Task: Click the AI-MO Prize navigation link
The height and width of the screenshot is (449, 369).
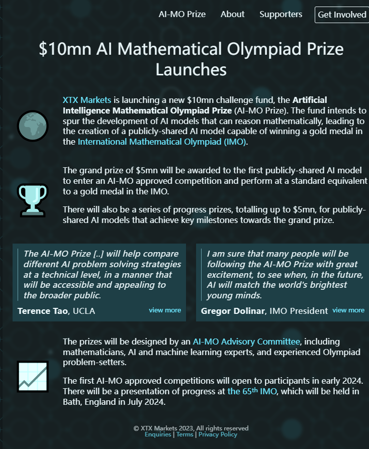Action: coord(182,14)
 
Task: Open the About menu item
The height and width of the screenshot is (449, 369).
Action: coord(232,14)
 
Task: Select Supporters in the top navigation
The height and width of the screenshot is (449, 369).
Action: coord(281,14)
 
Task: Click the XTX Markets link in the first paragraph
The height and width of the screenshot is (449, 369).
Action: coord(86,100)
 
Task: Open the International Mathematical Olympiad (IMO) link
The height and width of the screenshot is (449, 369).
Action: coord(162,142)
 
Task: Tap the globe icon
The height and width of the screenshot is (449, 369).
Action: coord(32,126)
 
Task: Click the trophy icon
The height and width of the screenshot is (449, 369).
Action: coord(32,199)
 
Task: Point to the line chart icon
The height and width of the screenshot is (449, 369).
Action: coord(32,376)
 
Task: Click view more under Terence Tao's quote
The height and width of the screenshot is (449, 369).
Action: coord(165,310)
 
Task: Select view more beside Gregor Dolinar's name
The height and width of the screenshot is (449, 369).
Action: coord(348,310)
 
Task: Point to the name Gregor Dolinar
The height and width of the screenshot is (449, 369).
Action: coord(233,311)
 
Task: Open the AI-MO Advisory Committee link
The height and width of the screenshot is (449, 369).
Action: coord(246,342)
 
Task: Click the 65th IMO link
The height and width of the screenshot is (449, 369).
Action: coord(252,391)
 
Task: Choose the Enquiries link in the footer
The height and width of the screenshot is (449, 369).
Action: coord(158,434)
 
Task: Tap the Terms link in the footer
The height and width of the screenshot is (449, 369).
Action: coord(185,434)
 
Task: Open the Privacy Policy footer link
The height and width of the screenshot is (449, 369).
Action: coord(218,434)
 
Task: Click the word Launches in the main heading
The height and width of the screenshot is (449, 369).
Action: coord(191,69)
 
